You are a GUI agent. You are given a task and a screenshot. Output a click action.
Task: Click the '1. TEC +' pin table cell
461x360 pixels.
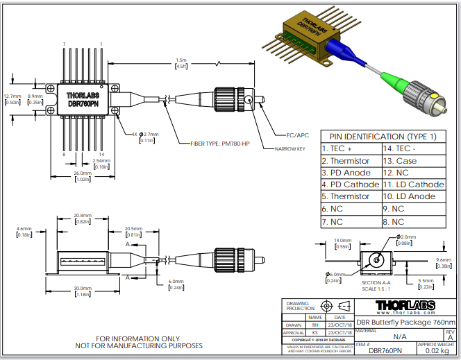tap(337, 149)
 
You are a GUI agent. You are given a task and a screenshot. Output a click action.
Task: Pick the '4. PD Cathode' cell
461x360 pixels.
tap(351, 185)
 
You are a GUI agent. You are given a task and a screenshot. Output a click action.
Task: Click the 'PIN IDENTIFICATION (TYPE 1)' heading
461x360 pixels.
tap(383, 137)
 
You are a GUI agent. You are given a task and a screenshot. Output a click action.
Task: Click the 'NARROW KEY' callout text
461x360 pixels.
tap(289, 149)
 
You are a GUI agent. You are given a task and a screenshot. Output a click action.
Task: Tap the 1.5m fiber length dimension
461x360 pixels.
tap(181, 61)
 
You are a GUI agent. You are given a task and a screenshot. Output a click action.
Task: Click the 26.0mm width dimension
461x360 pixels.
tap(83, 173)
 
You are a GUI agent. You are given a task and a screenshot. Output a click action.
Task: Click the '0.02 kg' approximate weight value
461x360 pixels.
tap(436, 351)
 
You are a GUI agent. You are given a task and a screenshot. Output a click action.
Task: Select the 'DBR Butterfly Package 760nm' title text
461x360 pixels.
tap(406, 322)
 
